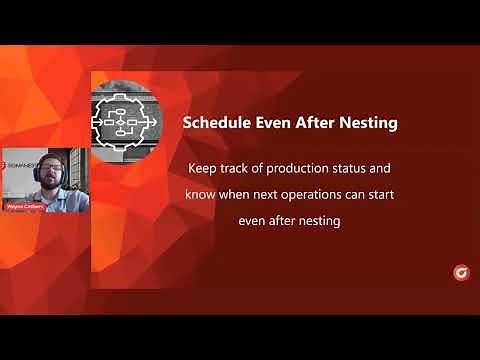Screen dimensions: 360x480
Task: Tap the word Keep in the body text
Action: tap(202, 167)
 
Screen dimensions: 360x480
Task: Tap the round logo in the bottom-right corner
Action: tap(461, 271)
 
